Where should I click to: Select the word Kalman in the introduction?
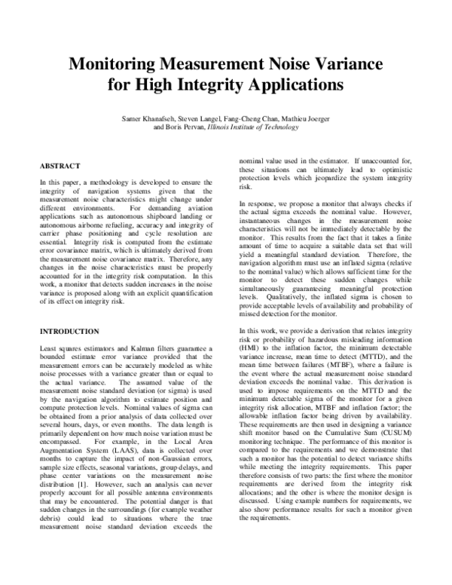point(133,349)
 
